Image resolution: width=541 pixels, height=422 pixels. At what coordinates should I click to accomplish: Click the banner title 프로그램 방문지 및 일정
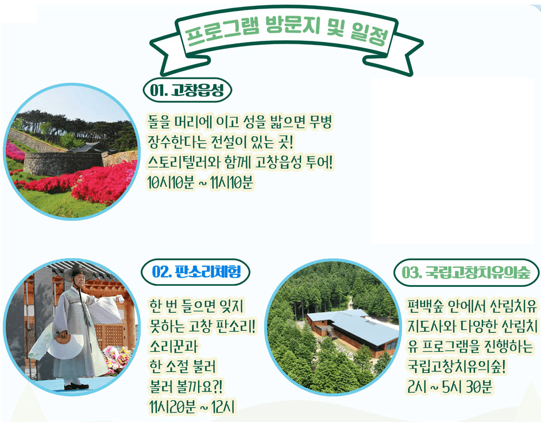point(285,34)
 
